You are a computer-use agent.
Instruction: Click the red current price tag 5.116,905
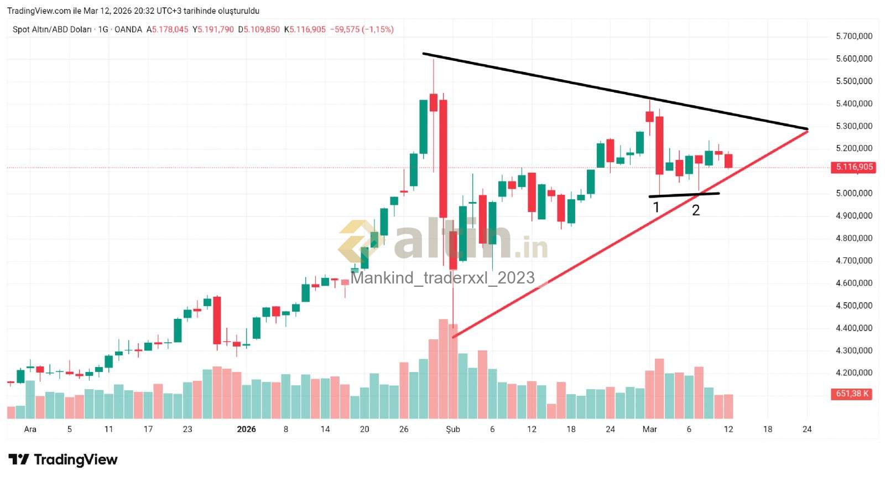click(x=854, y=167)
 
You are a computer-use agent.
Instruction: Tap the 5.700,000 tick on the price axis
click(x=854, y=36)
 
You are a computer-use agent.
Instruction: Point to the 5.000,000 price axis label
click(x=854, y=193)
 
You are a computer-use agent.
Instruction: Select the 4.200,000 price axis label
click(x=854, y=373)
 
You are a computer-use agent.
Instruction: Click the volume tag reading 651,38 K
click(x=852, y=394)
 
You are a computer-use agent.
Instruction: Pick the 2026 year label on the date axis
click(x=246, y=429)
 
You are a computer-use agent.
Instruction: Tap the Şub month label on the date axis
click(x=453, y=429)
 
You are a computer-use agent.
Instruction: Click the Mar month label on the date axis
click(x=650, y=429)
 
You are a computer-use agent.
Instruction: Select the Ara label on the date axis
click(x=30, y=429)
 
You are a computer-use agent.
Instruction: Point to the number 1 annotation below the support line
click(x=656, y=208)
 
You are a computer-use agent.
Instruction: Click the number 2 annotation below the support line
click(x=696, y=210)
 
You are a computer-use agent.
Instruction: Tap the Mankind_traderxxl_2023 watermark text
click(x=442, y=277)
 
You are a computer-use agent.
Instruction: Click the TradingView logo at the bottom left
click(x=63, y=460)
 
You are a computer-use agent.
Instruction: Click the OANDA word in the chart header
click(x=128, y=29)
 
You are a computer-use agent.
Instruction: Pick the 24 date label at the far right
click(x=807, y=429)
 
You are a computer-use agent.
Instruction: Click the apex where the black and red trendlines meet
click(x=808, y=130)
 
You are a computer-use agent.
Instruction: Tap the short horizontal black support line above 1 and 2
click(x=684, y=194)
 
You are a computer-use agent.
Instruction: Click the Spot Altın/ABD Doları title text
click(x=52, y=29)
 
